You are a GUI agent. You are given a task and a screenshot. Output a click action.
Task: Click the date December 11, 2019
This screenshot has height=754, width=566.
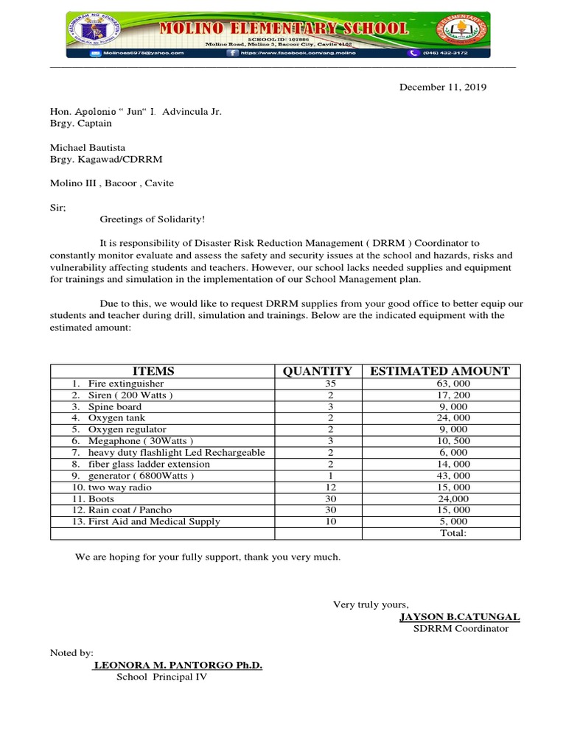443,87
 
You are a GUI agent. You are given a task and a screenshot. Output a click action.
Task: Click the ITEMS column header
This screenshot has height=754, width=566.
153,371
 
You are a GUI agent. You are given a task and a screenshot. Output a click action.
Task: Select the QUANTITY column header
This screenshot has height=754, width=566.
318,371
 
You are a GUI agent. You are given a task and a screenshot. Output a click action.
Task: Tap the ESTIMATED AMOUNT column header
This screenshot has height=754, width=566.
440,371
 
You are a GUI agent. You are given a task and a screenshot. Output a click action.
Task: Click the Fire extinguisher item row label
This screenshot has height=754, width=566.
125,384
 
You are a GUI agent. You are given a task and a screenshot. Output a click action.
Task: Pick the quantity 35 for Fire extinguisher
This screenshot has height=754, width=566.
331,384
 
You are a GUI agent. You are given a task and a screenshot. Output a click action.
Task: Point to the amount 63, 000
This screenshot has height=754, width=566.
453,384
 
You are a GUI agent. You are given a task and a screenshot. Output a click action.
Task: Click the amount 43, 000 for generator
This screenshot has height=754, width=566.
453,476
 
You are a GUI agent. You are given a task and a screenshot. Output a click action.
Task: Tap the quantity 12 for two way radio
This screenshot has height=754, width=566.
331,487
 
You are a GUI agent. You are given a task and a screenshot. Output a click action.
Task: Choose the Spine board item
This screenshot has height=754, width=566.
114,406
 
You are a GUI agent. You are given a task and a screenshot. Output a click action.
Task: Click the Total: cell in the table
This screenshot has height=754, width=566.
453,533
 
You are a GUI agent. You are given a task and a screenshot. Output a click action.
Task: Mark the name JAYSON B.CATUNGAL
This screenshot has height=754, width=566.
459,616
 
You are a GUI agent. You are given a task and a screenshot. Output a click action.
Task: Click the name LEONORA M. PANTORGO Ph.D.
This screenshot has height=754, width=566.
178,665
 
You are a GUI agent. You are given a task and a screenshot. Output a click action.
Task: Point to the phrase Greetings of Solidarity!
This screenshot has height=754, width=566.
153,219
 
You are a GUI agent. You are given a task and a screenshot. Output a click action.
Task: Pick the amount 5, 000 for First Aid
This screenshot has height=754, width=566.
453,521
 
